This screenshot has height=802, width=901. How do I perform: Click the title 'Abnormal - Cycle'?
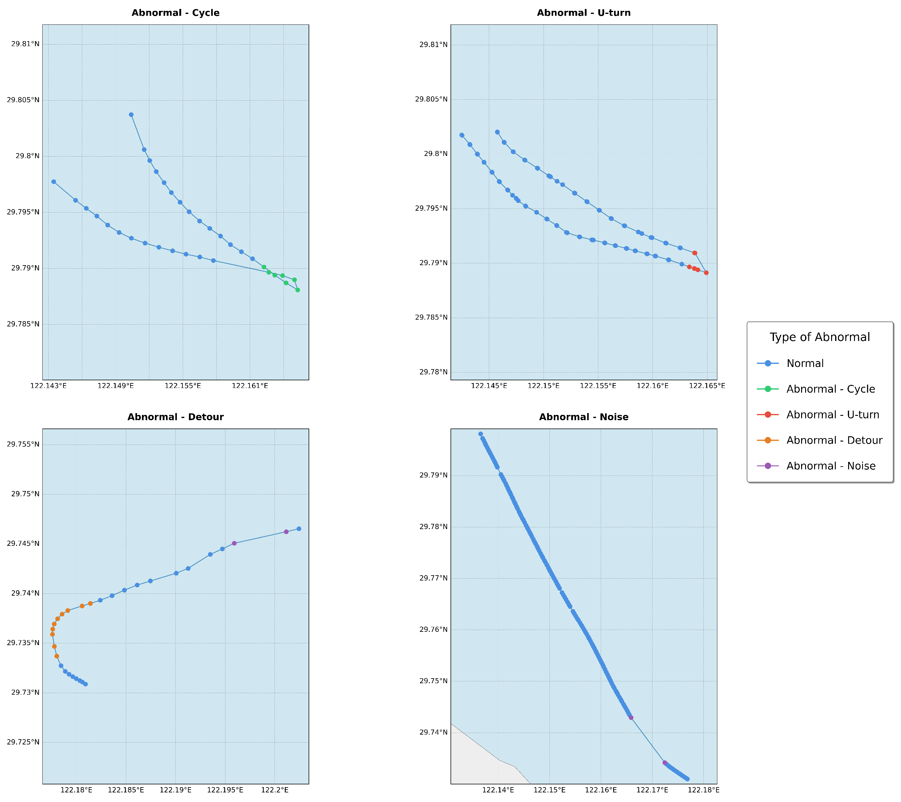coord(175,13)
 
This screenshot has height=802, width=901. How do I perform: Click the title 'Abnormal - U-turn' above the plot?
coord(584,13)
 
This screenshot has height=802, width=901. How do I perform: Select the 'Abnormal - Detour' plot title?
coord(175,417)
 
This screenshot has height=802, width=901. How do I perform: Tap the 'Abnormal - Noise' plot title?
coord(584,417)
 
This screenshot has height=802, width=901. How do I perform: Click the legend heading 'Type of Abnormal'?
coord(819,337)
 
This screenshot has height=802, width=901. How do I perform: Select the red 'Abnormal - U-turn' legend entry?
coord(833,414)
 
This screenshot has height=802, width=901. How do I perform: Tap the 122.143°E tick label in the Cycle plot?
coord(49,386)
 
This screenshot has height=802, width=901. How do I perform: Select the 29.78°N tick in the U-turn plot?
coord(433,372)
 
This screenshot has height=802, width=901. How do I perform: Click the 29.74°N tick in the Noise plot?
coord(433,732)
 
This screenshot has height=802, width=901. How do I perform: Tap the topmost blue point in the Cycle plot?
coord(131,115)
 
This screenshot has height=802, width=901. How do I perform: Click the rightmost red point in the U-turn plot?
coord(706,273)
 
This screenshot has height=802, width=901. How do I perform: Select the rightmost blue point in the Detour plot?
coord(298,528)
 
